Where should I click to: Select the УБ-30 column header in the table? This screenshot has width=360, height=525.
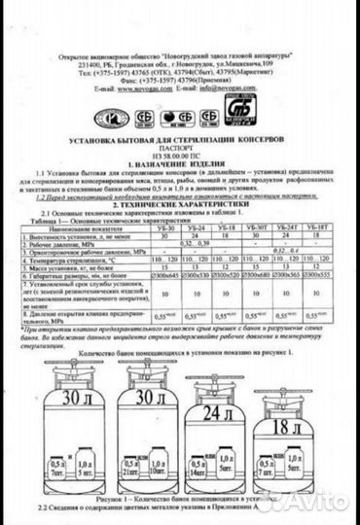click(166, 228)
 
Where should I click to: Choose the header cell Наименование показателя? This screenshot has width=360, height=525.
click(87, 228)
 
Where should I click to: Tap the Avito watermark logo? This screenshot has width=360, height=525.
click(317, 503)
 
